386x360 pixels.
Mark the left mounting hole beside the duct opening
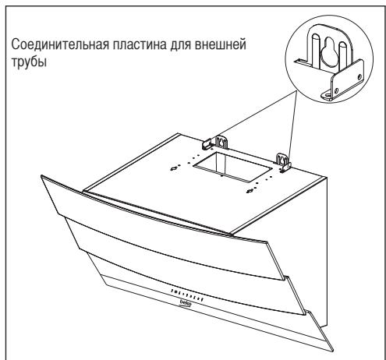173,166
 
